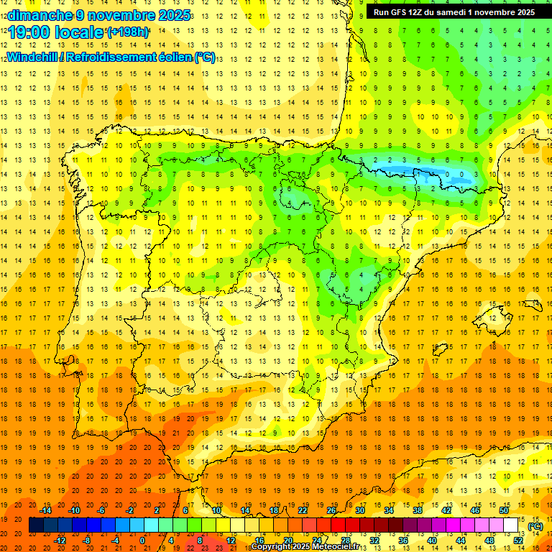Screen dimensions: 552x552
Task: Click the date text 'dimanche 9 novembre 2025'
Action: click(x=99, y=15)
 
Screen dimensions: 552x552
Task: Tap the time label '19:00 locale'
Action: click(x=55, y=32)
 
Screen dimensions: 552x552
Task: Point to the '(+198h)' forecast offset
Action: click(x=128, y=32)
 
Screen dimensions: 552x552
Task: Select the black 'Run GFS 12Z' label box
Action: click(x=454, y=12)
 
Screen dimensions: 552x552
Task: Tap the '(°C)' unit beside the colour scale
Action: click(x=535, y=526)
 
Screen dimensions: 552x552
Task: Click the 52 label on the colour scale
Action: click(x=518, y=540)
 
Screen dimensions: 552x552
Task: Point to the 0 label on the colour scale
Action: click(x=143, y=540)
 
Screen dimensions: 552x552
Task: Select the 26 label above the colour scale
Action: click(x=331, y=510)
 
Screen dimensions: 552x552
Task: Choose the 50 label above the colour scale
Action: click(x=504, y=510)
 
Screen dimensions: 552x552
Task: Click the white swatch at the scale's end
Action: click(x=511, y=525)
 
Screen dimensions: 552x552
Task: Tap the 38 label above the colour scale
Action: click(x=418, y=510)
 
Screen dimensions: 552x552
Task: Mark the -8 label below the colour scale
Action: click(x=87, y=540)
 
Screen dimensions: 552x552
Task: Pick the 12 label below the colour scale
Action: click(x=231, y=540)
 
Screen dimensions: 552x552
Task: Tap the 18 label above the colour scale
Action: click(x=274, y=510)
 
